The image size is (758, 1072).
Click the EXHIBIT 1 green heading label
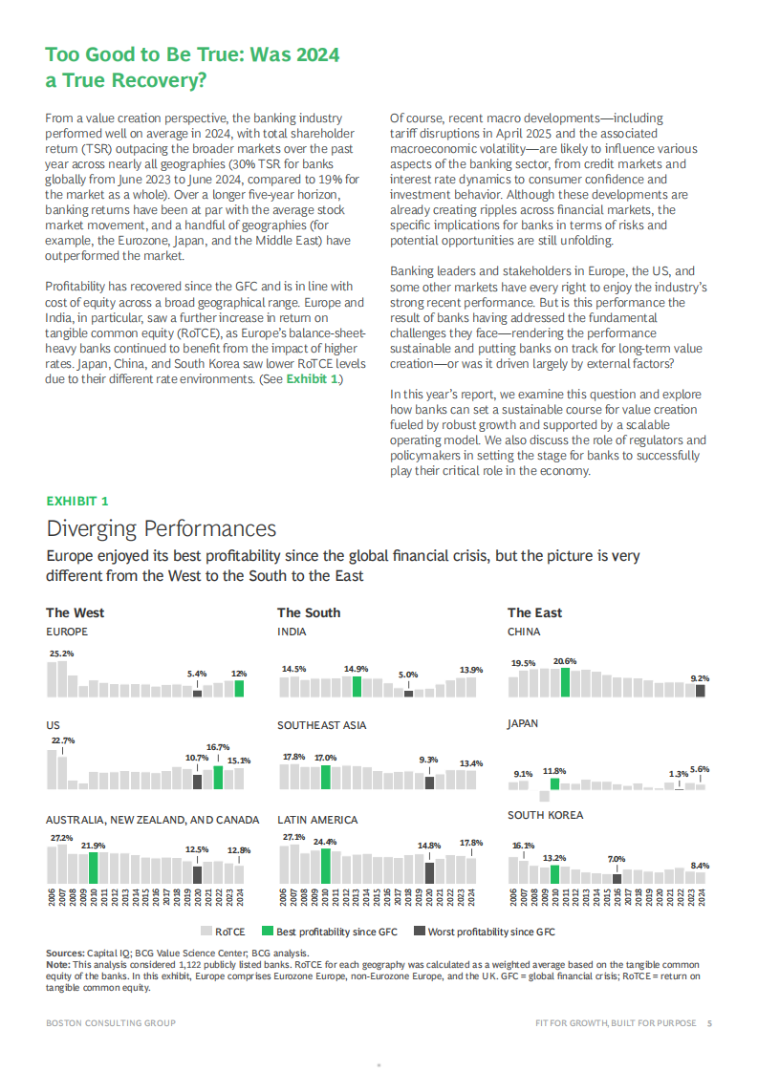(x=77, y=501)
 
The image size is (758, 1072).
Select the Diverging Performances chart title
(x=162, y=529)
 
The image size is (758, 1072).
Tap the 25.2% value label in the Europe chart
(x=61, y=654)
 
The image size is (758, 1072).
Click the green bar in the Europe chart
(x=239, y=688)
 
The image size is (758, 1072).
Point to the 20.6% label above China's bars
(x=565, y=660)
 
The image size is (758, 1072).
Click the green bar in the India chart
(x=357, y=686)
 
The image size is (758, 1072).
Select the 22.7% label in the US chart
(x=62, y=740)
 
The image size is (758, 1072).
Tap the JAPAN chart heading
(x=523, y=724)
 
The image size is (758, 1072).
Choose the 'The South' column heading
(x=308, y=612)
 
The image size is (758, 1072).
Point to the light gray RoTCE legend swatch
(x=206, y=932)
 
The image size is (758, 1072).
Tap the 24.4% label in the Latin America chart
(x=326, y=842)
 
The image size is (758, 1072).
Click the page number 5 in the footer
(x=709, y=1023)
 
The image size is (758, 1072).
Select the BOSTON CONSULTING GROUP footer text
(x=110, y=1023)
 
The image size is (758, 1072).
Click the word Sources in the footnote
(x=64, y=954)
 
